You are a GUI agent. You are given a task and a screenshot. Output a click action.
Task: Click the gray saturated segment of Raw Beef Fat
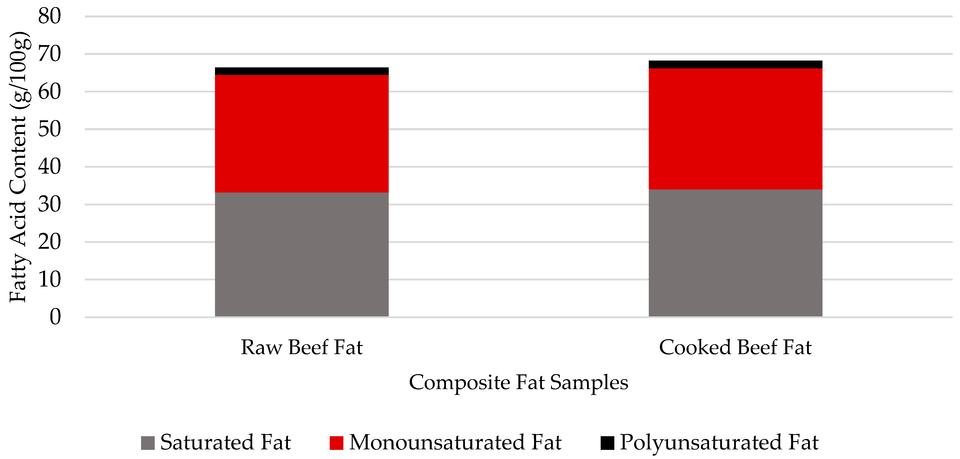pyautogui.click(x=302, y=254)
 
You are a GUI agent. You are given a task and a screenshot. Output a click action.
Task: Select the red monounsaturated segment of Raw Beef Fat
pyautogui.click(x=302, y=133)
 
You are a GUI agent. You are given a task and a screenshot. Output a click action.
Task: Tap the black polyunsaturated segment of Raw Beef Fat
pyautogui.click(x=302, y=71)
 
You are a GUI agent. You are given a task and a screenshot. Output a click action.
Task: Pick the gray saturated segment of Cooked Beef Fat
pyautogui.click(x=735, y=253)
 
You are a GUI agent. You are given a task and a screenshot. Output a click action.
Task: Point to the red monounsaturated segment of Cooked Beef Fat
pyautogui.click(x=735, y=129)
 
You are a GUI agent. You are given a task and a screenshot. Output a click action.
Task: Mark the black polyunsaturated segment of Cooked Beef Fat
pyautogui.click(x=735, y=65)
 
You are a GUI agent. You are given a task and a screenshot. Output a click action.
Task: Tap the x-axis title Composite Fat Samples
pyautogui.click(x=518, y=382)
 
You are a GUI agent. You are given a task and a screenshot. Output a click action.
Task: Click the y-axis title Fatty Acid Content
pyautogui.click(x=19, y=167)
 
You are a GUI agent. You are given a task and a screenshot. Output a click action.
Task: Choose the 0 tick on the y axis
pyautogui.click(x=55, y=317)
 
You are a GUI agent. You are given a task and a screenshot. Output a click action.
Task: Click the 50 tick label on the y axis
pyautogui.click(x=49, y=129)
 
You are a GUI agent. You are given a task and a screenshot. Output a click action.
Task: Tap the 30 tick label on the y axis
pyautogui.click(x=49, y=204)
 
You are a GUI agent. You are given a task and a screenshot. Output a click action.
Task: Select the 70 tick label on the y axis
pyautogui.click(x=49, y=54)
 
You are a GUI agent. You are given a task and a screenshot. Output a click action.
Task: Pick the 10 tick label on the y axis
pyautogui.click(x=49, y=279)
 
